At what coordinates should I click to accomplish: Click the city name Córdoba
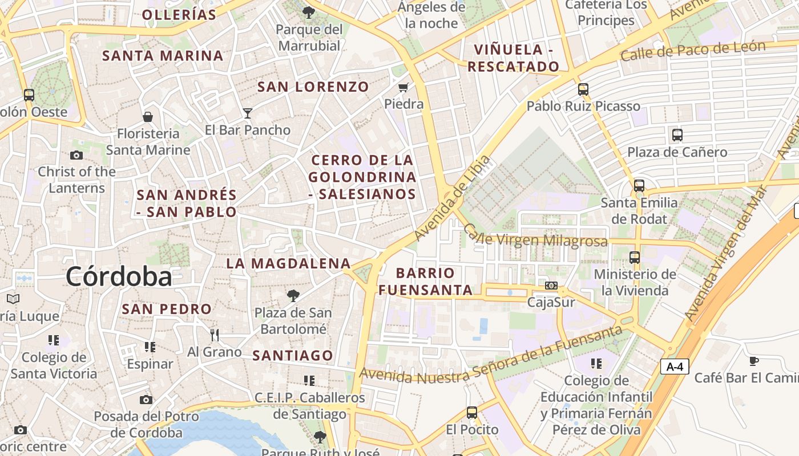[x=119, y=277]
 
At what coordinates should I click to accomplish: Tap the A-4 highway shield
[x=675, y=367]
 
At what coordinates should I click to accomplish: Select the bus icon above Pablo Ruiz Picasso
[x=583, y=89]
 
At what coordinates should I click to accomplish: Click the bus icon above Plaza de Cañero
[x=677, y=135]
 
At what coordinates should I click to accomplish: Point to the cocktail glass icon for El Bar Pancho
[x=248, y=113]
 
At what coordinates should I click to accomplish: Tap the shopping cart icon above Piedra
[x=403, y=87]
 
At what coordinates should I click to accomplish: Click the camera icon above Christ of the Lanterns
[x=76, y=155]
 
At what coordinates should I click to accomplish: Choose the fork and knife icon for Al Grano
[x=215, y=335]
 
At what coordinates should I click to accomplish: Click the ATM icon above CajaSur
[x=551, y=285]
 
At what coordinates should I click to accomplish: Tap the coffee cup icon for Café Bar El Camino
[x=754, y=360]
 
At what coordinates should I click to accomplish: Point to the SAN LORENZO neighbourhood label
[x=313, y=87]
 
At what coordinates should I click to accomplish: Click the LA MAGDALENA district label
[x=288, y=263]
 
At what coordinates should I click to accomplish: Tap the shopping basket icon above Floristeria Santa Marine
[x=148, y=117]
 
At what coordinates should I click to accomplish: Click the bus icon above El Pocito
[x=472, y=412]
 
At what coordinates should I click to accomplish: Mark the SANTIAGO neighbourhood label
[x=293, y=356]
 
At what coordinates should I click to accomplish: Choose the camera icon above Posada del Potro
[x=146, y=400]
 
